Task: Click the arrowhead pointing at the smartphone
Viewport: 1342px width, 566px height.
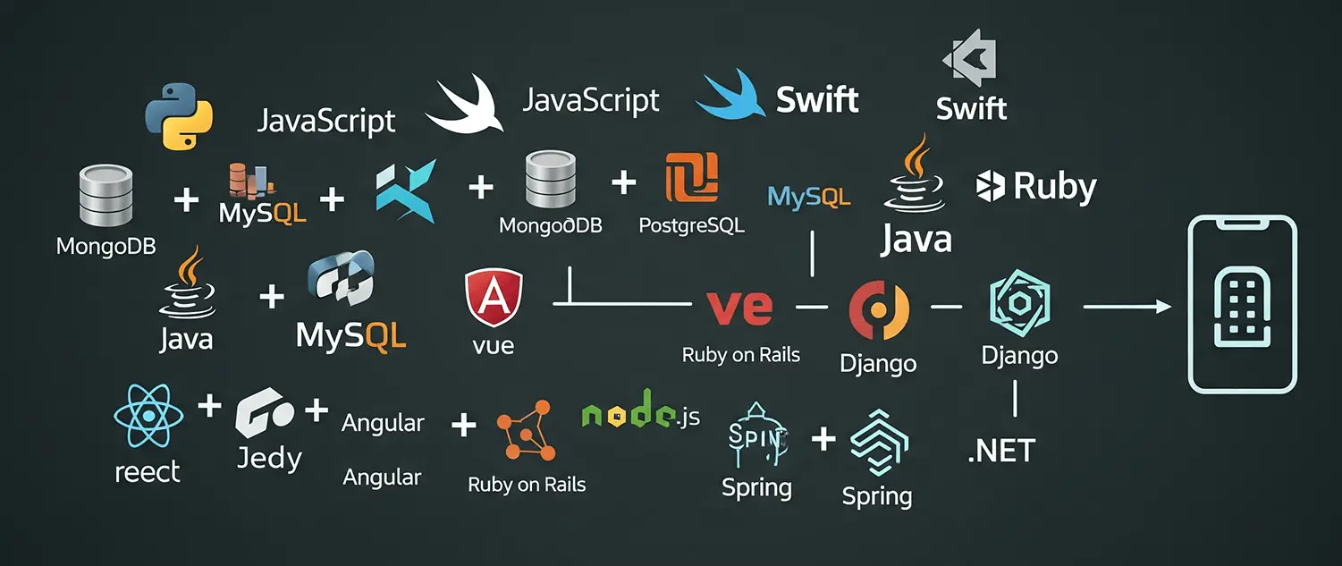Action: (x=1161, y=307)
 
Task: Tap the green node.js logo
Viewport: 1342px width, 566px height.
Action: (x=640, y=414)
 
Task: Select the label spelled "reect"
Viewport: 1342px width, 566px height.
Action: (x=148, y=472)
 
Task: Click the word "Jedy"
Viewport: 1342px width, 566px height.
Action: (x=269, y=459)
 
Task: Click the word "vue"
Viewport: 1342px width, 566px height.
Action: (x=493, y=345)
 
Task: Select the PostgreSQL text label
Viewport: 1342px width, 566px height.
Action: (x=691, y=226)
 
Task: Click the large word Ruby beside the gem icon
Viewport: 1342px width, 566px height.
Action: (x=1054, y=187)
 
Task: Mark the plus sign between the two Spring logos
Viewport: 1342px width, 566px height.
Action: (x=822, y=439)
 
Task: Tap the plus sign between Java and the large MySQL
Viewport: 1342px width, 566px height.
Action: (x=270, y=297)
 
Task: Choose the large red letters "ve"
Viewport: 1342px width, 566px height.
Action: (x=739, y=306)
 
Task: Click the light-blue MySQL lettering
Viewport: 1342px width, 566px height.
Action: (x=808, y=197)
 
